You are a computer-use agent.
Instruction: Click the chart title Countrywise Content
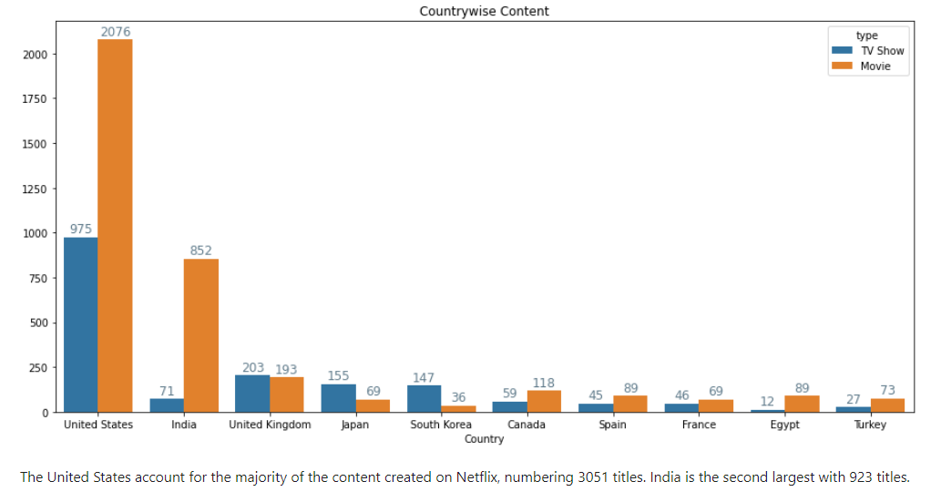(484, 11)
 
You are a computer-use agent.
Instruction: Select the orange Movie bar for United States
(115, 226)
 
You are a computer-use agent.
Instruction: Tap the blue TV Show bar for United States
(81, 324)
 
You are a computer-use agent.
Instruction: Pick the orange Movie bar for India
(201, 335)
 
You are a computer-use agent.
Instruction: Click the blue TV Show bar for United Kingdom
(252, 394)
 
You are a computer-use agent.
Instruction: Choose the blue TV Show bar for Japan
(338, 398)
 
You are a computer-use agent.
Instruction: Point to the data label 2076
(116, 32)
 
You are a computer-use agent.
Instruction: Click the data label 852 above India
(201, 251)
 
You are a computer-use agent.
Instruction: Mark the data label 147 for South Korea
(424, 377)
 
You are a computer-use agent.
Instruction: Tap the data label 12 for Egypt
(768, 402)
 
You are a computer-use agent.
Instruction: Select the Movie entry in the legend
(875, 67)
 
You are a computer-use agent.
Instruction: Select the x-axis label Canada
(527, 425)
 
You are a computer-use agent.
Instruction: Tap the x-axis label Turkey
(870, 425)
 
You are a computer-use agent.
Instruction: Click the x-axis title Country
(484, 438)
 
